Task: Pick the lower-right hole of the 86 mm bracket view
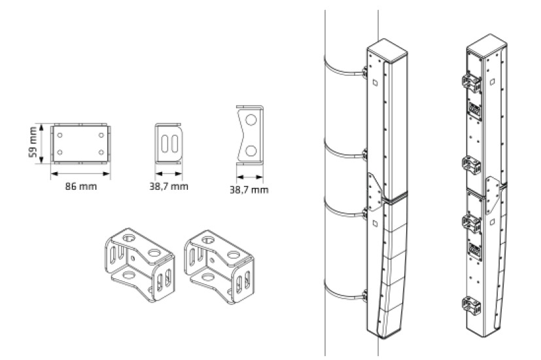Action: pos(102,153)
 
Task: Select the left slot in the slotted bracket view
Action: pos(165,144)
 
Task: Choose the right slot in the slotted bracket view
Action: pos(175,144)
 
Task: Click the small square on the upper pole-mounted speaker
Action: pos(375,83)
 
